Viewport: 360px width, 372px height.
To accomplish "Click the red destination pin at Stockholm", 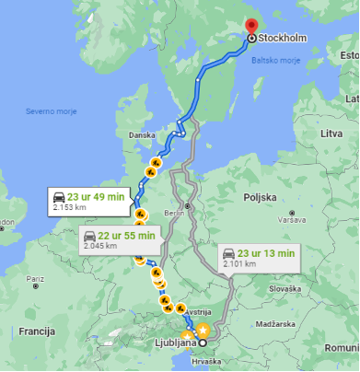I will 251,27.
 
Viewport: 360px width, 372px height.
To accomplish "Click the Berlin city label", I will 174,212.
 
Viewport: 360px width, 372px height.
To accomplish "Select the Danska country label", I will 142,134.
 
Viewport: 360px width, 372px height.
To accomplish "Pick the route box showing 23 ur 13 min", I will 259,257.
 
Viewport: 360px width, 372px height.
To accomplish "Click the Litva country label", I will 331,134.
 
